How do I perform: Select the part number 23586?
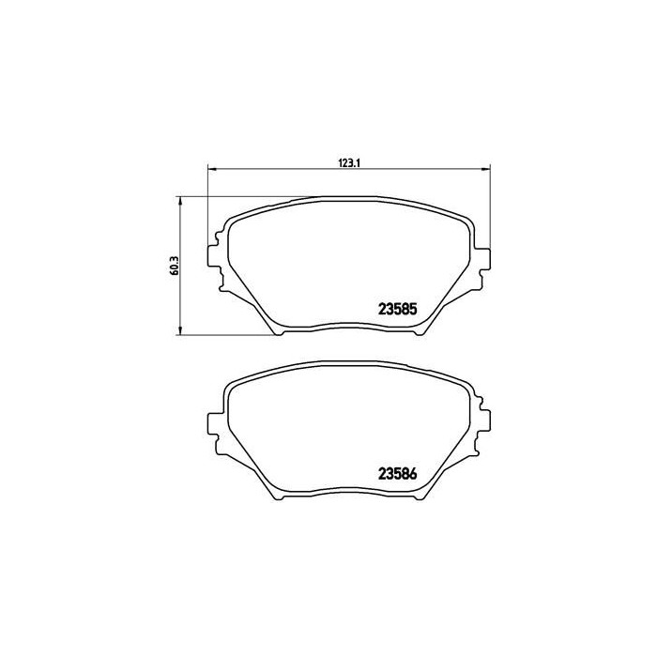(x=397, y=475)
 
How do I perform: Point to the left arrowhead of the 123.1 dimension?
(x=210, y=170)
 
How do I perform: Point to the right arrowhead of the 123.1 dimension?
(x=485, y=170)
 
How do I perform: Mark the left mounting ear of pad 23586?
(x=214, y=419)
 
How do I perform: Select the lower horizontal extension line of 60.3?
(x=225, y=333)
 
